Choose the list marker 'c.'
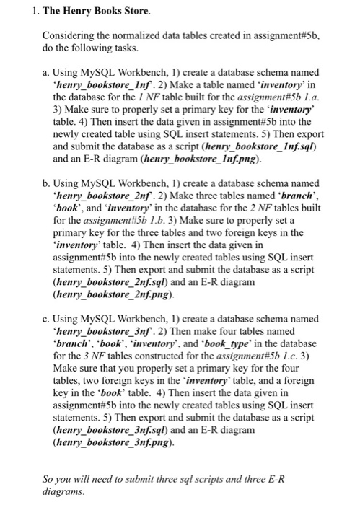click(47, 318)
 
